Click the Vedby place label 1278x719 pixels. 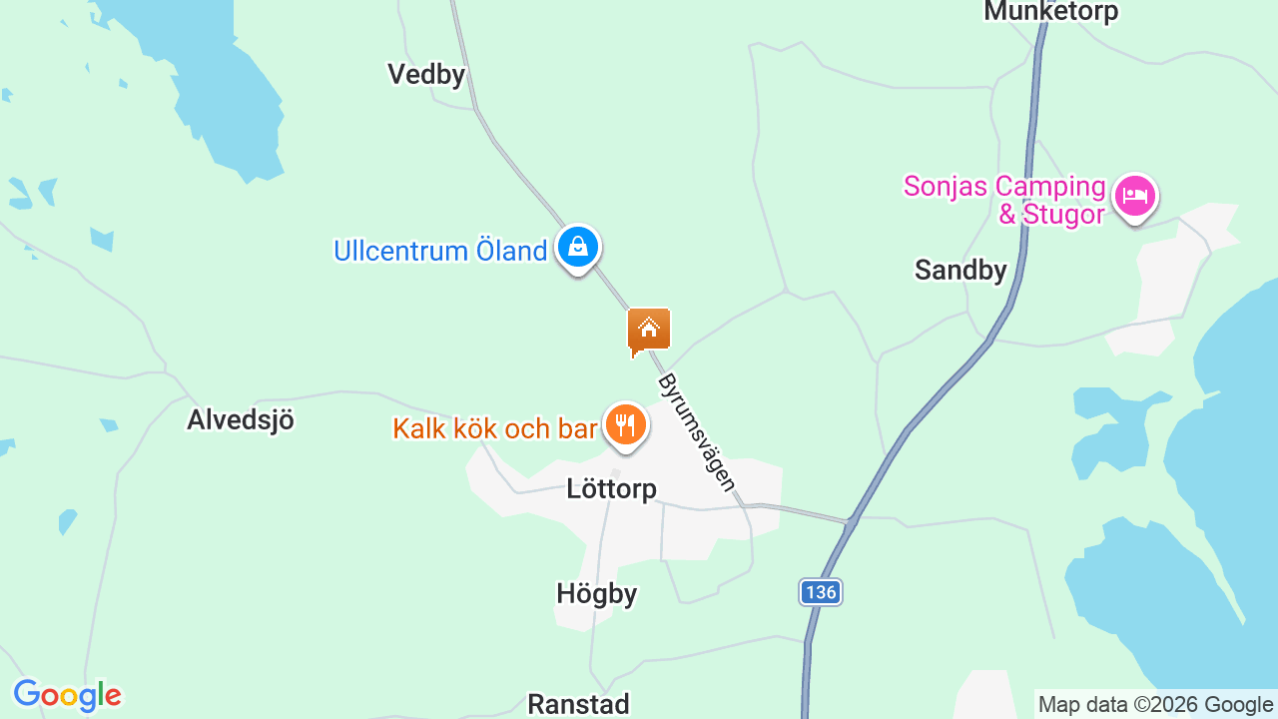click(x=426, y=74)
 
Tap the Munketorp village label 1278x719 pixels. click(x=1050, y=12)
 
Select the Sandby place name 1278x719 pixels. click(x=960, y=270)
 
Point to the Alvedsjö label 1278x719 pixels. click(x=241, y=419)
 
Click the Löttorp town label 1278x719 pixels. click(x=611, y=489)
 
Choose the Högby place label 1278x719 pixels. click(x=596, y=594)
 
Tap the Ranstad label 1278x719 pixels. click(x=578, y=704)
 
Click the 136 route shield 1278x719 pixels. click(x=820, y=592)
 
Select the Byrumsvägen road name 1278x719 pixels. click(x=698, y=432)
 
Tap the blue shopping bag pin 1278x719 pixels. click(x=577, y=247)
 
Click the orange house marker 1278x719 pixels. click(x=649, y=330)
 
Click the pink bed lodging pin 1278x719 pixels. click(x=1134, y=197)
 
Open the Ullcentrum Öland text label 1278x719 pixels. click(x=440, y=251)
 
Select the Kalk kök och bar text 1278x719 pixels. click(x=494, y=428)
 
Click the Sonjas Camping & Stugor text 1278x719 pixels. click(x=1004, y=201)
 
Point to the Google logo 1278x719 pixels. click(x=67, y=696)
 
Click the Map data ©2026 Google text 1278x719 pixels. click(x=1155, y=705)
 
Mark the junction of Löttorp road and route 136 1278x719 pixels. click(x=851, y=520)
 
